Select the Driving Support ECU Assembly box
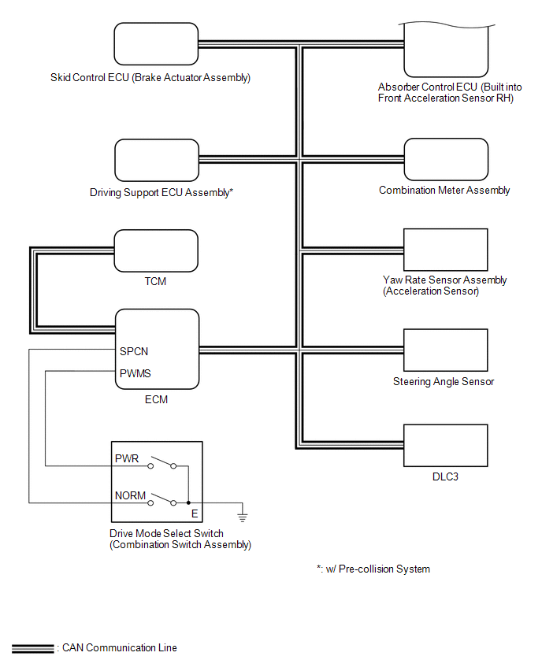(x=156, y=160)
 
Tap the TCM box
(x=156, y=250)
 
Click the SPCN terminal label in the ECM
(x=135, y=350)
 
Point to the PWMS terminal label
(x=135, y=373)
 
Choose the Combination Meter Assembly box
(x=445, y=160)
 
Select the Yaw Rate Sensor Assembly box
(x=445, y=250)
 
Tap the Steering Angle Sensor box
(x=445, y=350)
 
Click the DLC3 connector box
(x=445, y=446)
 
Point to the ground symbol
(x=243, y=517)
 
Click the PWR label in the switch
(x=127, y=458)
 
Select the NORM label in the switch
(x=131, y=496)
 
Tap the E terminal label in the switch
(x=195, y=513)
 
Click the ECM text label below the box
(x=156, y=399)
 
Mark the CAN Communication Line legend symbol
(x=32, y=648)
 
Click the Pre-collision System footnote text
(x=373, y=569)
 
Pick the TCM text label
(x=156, y=281)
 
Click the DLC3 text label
(x=445, y=476)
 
